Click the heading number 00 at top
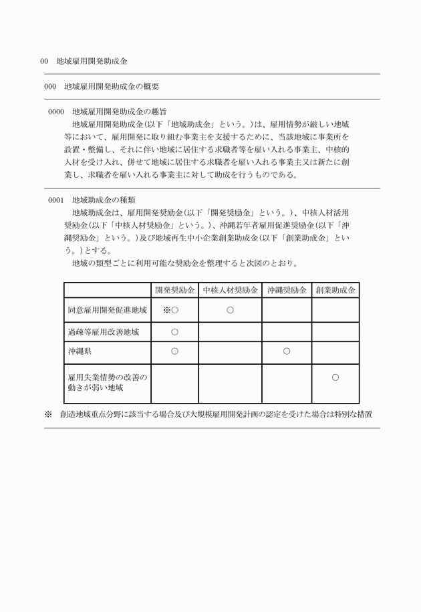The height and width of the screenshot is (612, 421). coord(44,61)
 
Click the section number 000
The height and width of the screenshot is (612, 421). coord(49,86)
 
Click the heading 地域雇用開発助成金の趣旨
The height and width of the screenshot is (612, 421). coord(119,111)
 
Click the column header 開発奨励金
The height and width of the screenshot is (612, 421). coord(174,291)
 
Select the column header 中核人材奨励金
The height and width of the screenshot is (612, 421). coord(230,291)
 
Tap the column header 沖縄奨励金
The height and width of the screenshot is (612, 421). coord(286,291)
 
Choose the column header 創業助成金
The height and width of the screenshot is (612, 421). coord(335,291)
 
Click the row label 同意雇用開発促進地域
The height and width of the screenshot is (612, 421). coord(107,311)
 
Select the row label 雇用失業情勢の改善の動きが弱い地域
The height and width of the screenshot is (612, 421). coord(106,381)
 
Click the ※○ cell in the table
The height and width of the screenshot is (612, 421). coord(171,311)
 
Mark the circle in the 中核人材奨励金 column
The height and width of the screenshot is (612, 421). coord(230,311)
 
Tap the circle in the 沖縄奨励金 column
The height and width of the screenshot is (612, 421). coord(286,351)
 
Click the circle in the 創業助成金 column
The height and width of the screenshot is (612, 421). coord(335,377)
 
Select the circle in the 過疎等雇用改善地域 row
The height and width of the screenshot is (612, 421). coord(174,331)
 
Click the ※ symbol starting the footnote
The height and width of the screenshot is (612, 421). coord(48,414)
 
